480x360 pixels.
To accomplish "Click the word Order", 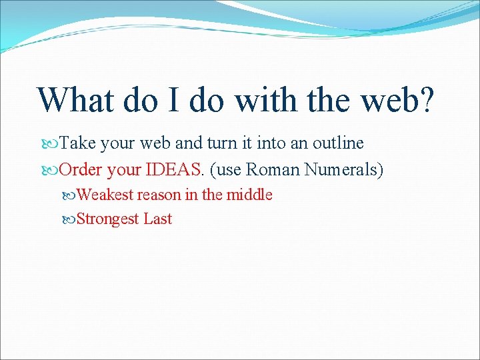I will (x=81, y=170).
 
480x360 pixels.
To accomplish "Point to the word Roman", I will (x=273, y=170).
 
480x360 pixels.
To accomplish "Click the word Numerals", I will (x=344, y=170).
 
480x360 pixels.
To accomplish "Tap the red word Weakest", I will (x=105, y=195).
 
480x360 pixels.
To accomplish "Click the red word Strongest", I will (x=108, y=219).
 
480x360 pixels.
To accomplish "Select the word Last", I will (x=158, y=219).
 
